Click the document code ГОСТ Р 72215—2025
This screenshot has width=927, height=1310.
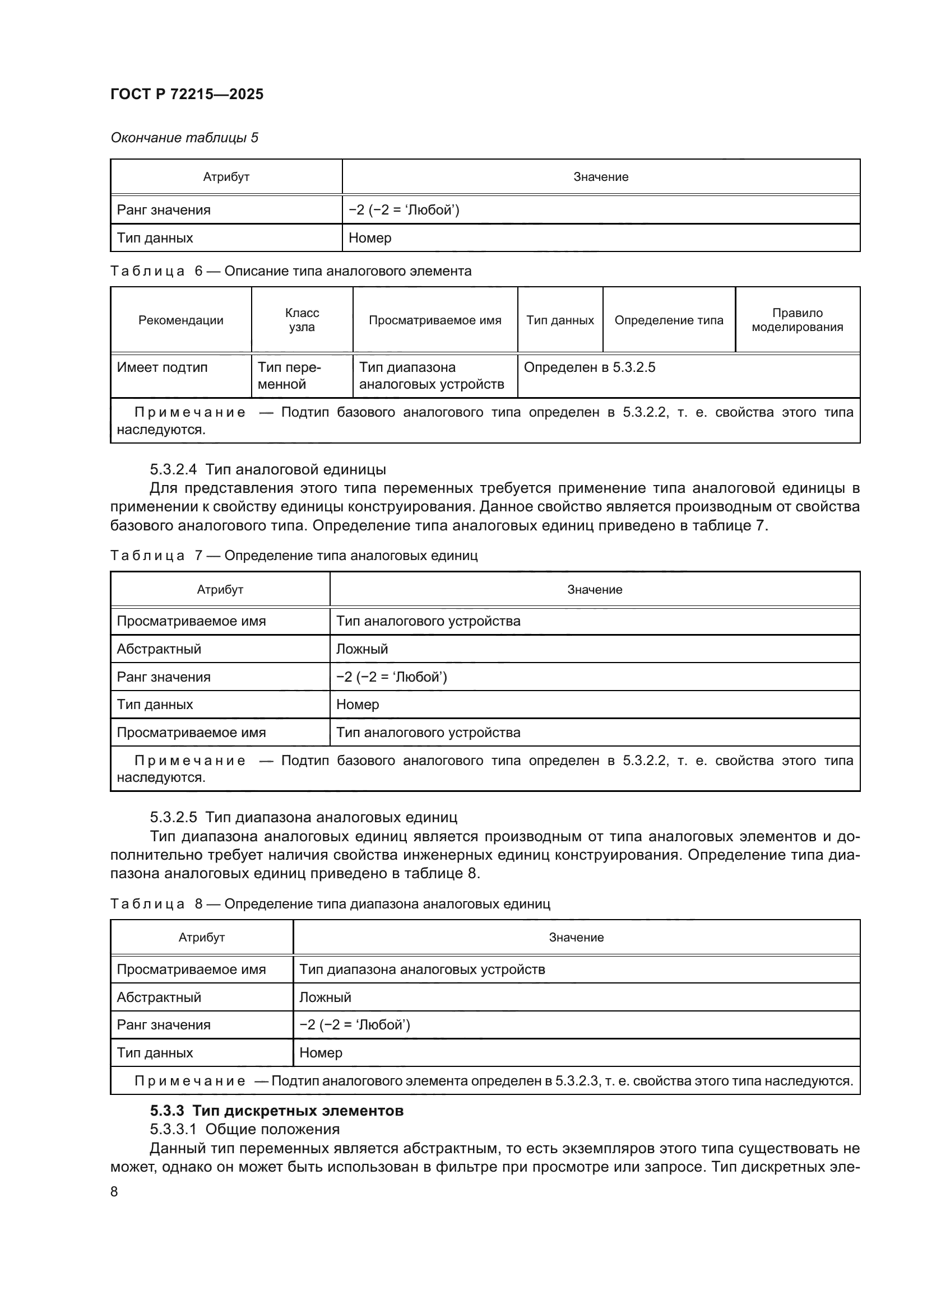click(x=187, y=94)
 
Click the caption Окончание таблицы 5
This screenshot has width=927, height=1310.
click(x=184, y=138)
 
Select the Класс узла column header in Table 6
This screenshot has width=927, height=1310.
click(x=302, y=319)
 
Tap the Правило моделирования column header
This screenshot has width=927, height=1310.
click(x=797, y=319)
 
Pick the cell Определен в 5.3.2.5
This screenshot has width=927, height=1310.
click(x=589, y=367)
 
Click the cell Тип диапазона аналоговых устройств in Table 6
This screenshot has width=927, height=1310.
click(x=431, y=375)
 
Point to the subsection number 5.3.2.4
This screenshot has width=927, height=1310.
click(x=173, y=469)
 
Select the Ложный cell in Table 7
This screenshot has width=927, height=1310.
click(x=362, y=649)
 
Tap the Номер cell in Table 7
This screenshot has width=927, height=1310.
click(x=358, y=704)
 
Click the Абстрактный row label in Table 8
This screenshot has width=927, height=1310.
click(x=159, y=997)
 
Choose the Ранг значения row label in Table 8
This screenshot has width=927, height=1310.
click(x=163, y=1025)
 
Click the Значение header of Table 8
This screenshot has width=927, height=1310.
click(x=576, y=938)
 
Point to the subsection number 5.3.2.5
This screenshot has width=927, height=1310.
click(x=173, y=818)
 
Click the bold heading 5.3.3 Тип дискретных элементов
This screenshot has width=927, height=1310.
click(x=276, y=1111)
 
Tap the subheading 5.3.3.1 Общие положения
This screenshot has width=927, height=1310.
click(x=244, y=1129)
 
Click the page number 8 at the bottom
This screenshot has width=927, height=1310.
click(x=114, y=1192)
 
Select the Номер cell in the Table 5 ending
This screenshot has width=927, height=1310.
click(x=370, y=238)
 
